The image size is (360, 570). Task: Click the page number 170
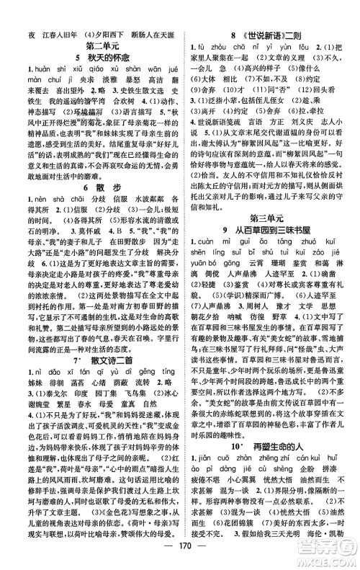click(180, 555)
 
